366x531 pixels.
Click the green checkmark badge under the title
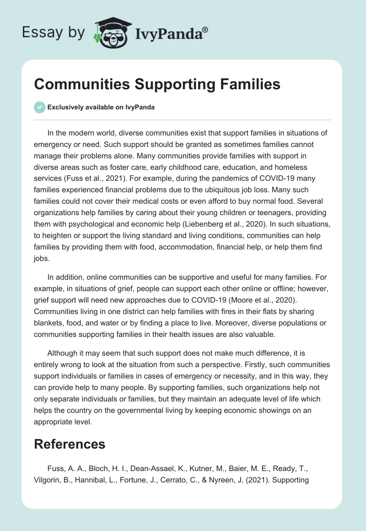[x=39, y=107]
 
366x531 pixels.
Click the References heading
[x=70, y=444]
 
